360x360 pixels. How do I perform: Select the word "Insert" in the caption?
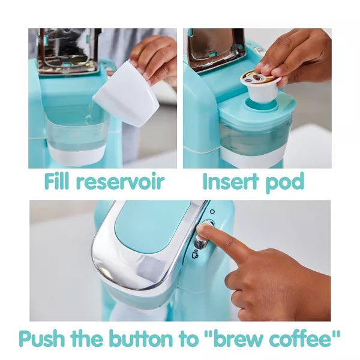point(230,181)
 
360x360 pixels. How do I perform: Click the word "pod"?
point(285,182)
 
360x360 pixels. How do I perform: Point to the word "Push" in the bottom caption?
point(42,338)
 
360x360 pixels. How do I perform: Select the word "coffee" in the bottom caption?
point(301,338)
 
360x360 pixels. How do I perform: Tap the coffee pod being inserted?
point(261,86)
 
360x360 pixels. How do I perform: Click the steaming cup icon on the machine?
point(195,254)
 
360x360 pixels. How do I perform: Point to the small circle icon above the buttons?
point(212,211)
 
